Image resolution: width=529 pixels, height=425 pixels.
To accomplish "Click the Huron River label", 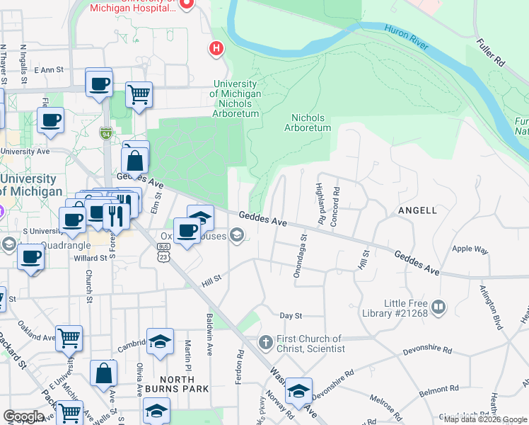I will pyautogui.click(x=407, y=38).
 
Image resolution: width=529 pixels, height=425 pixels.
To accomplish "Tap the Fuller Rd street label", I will pyautogui.click(x=489, y=52).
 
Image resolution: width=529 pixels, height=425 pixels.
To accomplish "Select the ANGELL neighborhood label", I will pyautogui.click(x=417, y=210).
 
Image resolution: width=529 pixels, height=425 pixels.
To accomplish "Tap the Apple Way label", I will pyautogui.click(x=470, y=249).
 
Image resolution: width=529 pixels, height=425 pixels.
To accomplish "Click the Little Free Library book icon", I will pyautogui.click(x=438, y=307).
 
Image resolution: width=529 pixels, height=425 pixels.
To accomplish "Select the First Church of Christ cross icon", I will pyautogui.click(x=265, y=344).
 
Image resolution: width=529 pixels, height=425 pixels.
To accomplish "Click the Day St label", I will pyautogui.click(x=291, y=315).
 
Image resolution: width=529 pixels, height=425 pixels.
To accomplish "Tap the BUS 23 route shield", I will pyautogui.click(x=164, y=253).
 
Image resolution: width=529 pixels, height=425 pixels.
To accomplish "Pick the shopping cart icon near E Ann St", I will pyautogui.click(x=139, y=93).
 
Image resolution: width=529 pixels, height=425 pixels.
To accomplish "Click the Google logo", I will pyautogui.click(x=23, y=416).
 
